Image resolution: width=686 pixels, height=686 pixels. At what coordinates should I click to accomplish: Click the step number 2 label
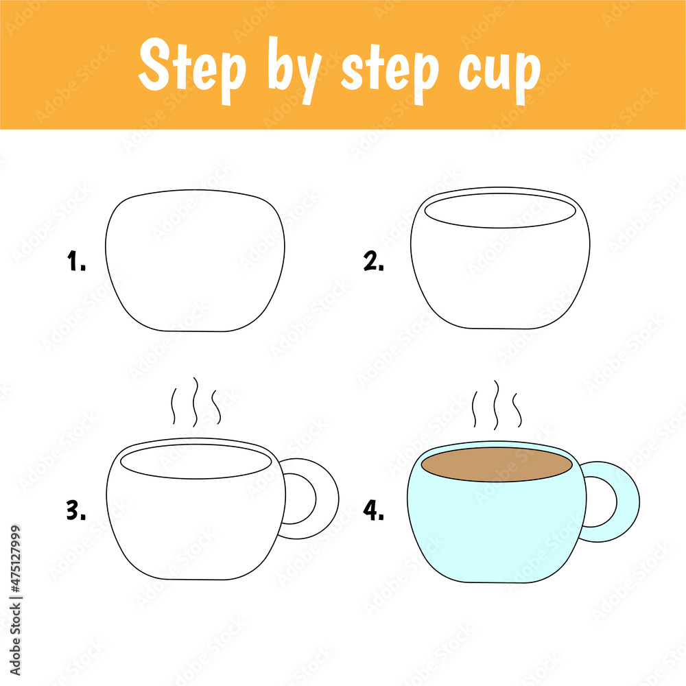click(374, 261)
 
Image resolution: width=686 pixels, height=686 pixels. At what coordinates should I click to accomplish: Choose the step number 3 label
click(76, 510)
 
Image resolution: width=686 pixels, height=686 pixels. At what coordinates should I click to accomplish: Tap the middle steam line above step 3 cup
click(196, 401)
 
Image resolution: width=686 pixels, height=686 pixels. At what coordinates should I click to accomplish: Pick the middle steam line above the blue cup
click(497, 405)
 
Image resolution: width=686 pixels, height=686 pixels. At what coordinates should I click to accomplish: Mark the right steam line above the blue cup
click(518, 410)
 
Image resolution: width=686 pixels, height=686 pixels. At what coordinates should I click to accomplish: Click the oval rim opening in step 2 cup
click(499, 211)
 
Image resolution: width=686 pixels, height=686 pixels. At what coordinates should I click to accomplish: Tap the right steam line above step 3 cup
click(217, 407)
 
